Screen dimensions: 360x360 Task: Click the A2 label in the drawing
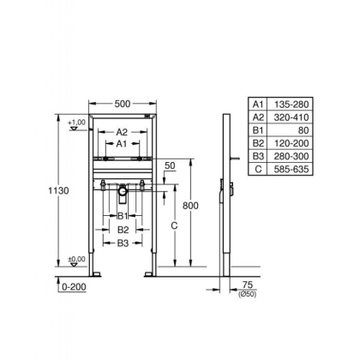[x=122, y=132]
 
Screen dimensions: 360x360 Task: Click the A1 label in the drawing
[x=122, y=145]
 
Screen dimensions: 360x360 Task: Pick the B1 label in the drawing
[x=122, y=217]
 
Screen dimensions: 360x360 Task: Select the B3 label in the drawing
[x=122, y=243]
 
